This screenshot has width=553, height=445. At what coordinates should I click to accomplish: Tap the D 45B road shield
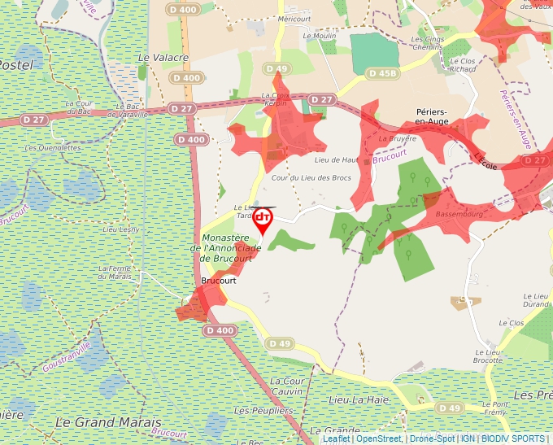coord(383,73)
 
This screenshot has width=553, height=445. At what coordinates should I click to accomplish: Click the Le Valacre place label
coord(163,58)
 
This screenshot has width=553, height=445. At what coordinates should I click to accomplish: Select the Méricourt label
coord(294,18)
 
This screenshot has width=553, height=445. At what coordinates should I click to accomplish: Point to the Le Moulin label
coord(319,36)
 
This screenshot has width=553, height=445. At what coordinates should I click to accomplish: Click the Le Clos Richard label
coord(462,65)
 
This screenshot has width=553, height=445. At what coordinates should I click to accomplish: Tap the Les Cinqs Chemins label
coord(427,43)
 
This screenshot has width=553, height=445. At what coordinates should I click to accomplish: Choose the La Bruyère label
coord(398,138)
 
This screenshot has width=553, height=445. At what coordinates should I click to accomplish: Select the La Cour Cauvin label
coord(287,386)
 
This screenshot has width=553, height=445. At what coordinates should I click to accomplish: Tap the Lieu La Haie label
coord(359,400)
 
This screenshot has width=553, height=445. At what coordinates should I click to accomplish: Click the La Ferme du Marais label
coord(115,272)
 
